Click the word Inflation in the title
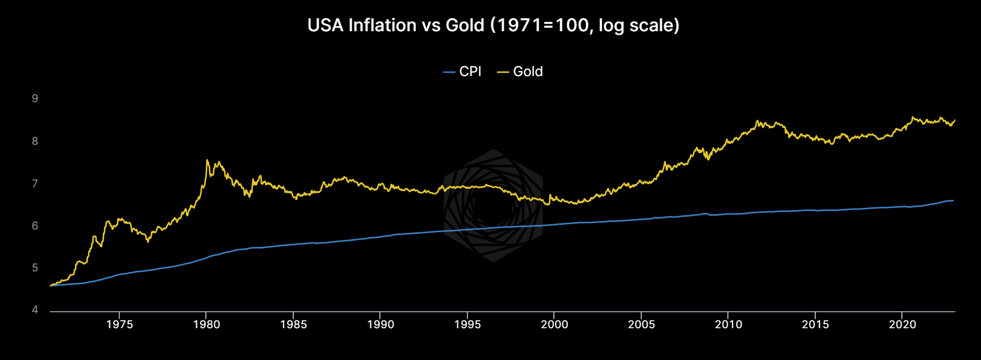pos(382,26)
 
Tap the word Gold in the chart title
pos(465,26)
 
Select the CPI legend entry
pos(462,72)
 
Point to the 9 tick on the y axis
pos(35,99)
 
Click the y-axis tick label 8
pos(35,141)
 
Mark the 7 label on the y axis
pos(35,183)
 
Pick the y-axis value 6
pos(35,226)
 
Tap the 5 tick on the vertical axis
pos(35,268)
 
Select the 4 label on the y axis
pos(35,310)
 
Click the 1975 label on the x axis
pos(119,325)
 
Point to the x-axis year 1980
pos(206,325)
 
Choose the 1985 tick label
pos(293,325)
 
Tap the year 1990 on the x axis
pos(380,325)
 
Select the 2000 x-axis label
pos(554,325)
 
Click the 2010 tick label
pos(728,325)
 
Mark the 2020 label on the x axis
pos(902,325)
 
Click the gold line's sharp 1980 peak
pos(207,160)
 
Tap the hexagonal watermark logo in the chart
pos(493,206)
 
